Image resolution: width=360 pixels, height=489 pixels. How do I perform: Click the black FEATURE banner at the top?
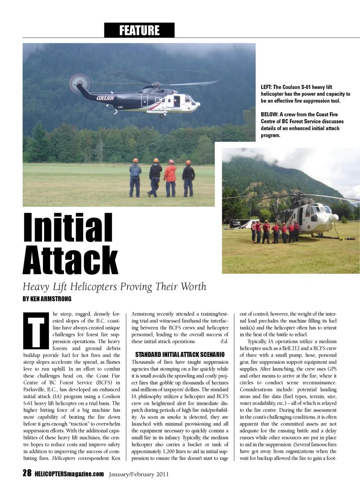click(x=139, y=30)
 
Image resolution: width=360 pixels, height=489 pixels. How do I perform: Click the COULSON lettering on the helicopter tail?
click(x=105, y=98)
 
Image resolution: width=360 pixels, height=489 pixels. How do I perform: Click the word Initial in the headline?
click(x=68, y=228)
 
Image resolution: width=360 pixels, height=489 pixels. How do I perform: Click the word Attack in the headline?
click(x=70, y=259)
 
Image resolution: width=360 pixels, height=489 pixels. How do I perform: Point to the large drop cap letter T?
click(x=36, y=330)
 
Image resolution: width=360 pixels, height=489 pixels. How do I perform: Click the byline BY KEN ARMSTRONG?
click(x=47, y=299)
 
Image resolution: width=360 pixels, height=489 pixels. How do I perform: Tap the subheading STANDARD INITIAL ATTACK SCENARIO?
click(x=180, y=354)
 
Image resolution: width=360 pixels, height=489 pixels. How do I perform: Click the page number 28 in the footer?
click(x=27, y=473)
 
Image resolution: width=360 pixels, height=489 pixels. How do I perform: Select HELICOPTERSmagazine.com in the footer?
click(x=69, y=474)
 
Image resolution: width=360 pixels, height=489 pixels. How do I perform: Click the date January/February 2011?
click(x=138, y=474)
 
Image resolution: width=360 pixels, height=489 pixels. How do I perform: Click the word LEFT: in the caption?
click(x=266, y=87)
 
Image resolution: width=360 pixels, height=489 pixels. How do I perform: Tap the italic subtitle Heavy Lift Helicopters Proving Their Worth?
click(x=114, y=287)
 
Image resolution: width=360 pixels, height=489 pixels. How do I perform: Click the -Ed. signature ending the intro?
click(x=224, y=341)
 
